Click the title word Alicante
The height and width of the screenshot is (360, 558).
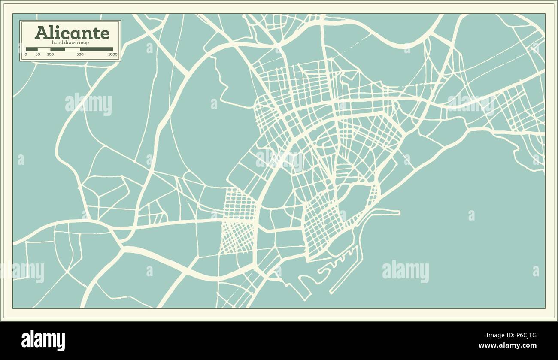[x=72, y=33]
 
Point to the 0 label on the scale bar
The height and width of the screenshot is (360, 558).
[x=26, y=54]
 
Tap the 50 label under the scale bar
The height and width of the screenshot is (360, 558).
[x=37, y=54]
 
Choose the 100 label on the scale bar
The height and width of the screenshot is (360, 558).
[x=50, y=54]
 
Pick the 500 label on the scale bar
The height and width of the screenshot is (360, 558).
[x=80, y=54]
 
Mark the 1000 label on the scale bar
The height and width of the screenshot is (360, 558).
[x=112, y=54]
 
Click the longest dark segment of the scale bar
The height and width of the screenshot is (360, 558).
[x=97, y=49]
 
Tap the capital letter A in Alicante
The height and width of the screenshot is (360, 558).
[x=41, y=33]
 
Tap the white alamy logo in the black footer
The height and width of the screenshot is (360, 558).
[x=43, y=340]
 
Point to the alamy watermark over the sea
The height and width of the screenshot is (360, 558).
[x=405, y=271]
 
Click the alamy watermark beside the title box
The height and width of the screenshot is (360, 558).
[x=88, y=104]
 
